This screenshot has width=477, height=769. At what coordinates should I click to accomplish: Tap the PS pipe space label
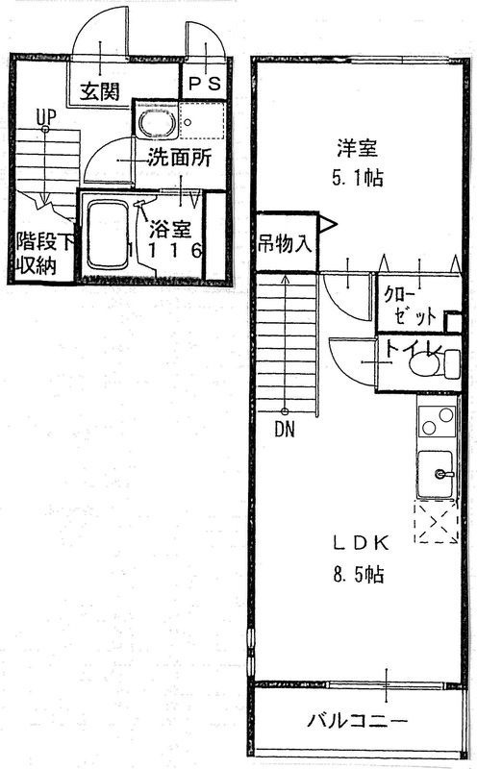click(x=203, y=85)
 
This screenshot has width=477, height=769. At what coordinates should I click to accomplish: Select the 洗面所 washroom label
click(x=179, y=160)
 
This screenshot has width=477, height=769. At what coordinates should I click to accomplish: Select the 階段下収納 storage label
click(x=34, y=253)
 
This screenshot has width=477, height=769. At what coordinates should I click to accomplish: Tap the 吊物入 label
click(x=285, y=241)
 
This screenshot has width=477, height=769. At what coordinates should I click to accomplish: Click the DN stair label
click(x=284, y=430)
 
